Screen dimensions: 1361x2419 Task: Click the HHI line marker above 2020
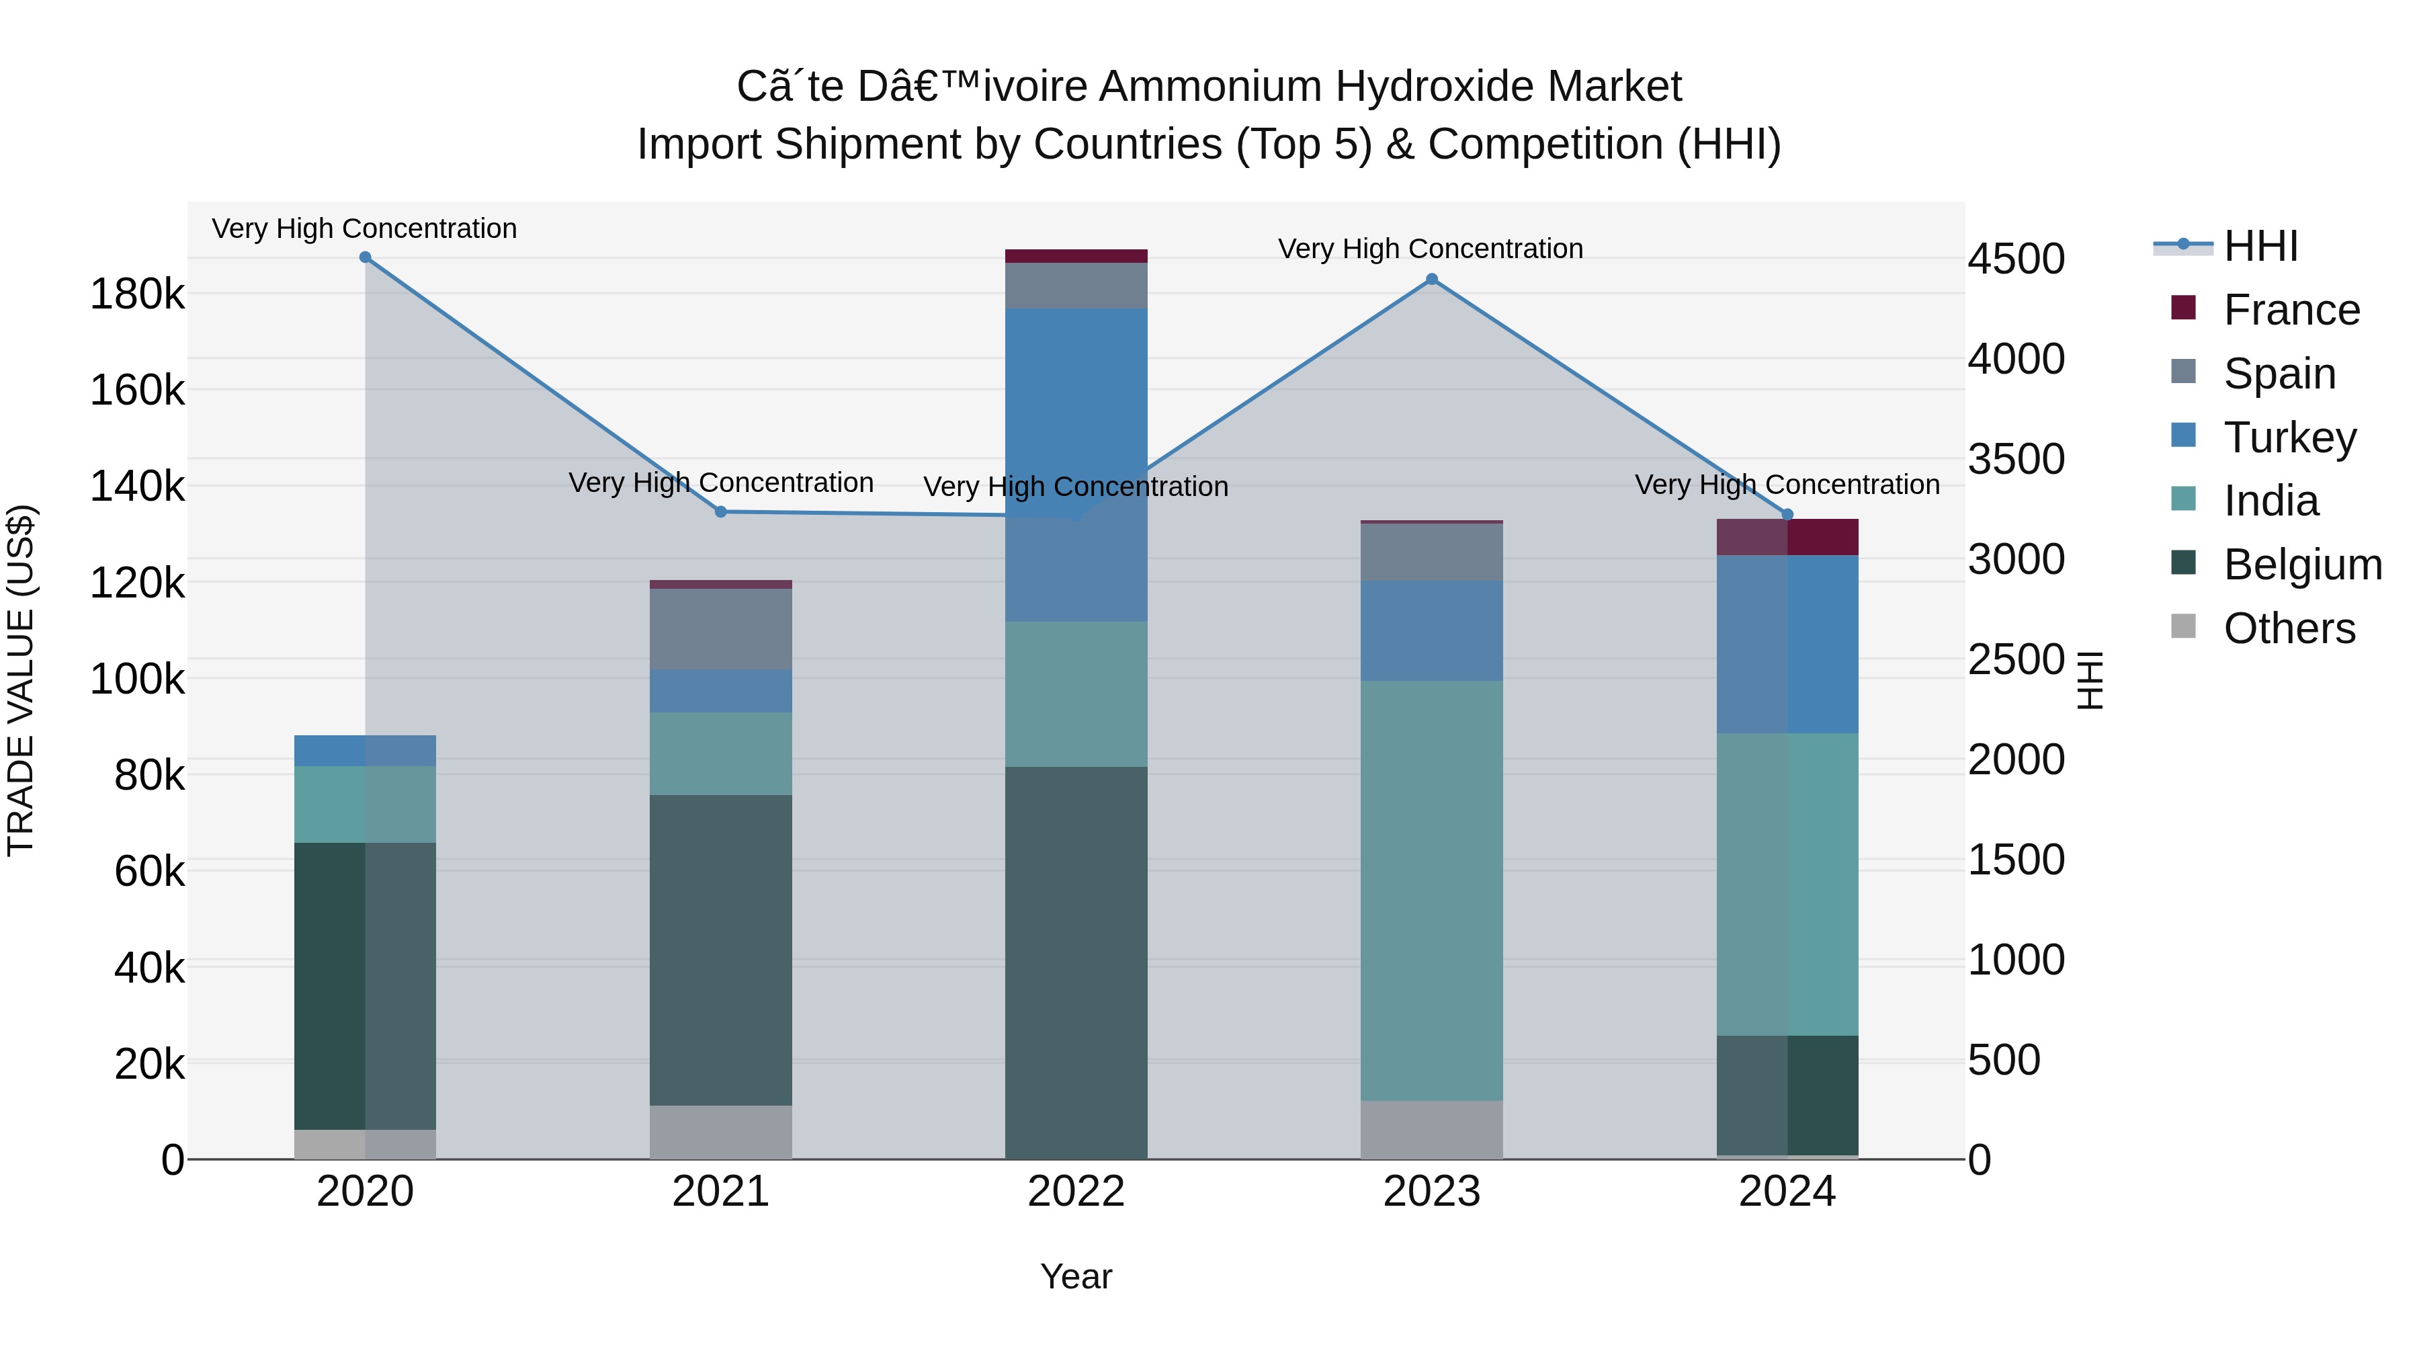(x=366, y=257)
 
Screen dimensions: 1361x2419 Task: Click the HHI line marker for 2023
(x=1431, y=279)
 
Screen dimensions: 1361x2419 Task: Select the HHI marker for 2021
(x=721, y=512)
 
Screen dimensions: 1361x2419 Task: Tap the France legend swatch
(x=2183, y=308)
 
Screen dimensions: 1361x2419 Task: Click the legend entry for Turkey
(x=2289, y=438)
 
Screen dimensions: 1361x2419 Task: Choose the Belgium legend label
(x=2303, y=565)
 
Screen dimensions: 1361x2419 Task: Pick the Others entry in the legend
(x=2289, y=628)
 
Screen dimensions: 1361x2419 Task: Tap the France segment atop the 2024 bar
(x=1787, y=537)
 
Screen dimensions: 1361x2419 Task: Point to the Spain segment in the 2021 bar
(x=721, y=629)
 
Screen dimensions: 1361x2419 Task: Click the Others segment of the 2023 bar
(x=1431, y=1130)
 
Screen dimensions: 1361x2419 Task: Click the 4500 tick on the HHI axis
(x=2015, y=259)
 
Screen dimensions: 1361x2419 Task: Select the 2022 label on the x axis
(x=1076, y=1192)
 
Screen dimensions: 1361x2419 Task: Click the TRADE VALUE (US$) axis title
(x=21, y=680)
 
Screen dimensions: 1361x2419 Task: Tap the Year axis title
(x=1076, y=1276)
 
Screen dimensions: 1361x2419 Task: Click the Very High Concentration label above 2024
(x=1787, y=485)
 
